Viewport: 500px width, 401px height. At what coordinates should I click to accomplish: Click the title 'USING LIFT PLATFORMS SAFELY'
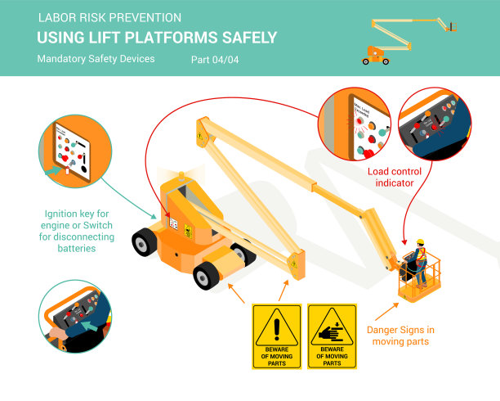coord(157,38)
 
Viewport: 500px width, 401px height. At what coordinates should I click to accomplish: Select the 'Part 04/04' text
coord(216,60)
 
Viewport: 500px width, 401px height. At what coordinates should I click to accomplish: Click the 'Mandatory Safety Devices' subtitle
coord(96,60)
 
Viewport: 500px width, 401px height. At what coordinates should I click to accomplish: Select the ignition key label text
coord(78,231)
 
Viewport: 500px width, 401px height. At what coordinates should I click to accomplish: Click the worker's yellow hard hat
coord(421,242)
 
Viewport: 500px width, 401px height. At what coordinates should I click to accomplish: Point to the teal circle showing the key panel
coord(74,153)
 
